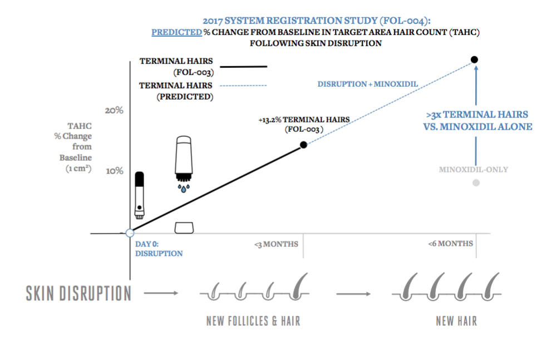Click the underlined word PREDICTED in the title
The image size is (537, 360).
tap(176, 32)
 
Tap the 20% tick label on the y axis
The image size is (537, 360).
tap(114, 110)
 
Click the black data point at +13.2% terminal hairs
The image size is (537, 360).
tap(303, 145)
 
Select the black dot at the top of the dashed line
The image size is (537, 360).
tap(474, 59)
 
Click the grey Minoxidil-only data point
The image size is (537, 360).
tap(476, 183)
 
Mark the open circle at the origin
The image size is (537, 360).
tap(130, 233)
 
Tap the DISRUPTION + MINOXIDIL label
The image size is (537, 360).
tap(367, 84)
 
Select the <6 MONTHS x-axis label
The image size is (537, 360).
tap(451, 243)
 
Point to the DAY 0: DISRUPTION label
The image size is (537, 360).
tap(159, 249)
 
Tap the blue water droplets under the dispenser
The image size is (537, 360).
tap(183, 188)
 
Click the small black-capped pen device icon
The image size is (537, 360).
tap(140, 195)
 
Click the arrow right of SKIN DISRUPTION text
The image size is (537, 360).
tap(161, 293)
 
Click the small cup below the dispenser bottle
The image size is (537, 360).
tap(184, 228)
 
